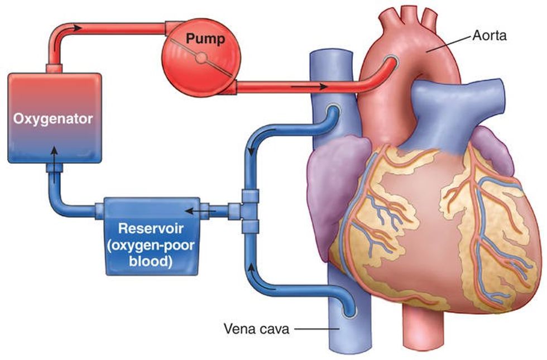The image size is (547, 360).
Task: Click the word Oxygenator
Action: [54, 118]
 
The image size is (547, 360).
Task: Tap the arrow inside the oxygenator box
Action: [54, 151]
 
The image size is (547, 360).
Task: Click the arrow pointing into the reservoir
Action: [193, 211]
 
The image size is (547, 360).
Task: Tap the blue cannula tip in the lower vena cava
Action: [349, 311]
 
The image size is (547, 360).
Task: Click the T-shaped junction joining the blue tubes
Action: [249, 211]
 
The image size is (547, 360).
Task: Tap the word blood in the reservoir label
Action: [152, 260]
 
